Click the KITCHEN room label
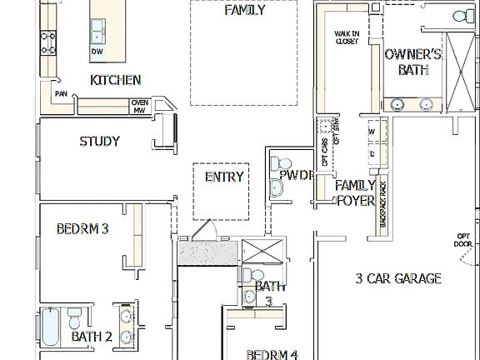coord(115,81)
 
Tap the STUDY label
coord(99,142)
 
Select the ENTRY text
coord(224,177)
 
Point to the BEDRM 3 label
coord(82,228)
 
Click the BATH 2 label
coord(91,337)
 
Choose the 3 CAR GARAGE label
coord(397,279)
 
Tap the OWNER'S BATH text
coord(412,62)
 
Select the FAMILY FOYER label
coord(355,192)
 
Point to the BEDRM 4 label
coord(272,354)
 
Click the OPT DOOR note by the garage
coord(464,240)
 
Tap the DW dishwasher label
coord(97,52)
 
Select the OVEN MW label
coord(139,106)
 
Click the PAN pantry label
coord(61,94)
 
